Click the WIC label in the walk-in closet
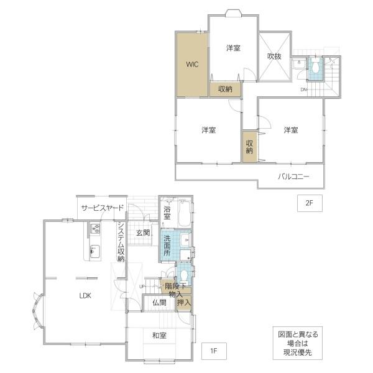pos(192,64)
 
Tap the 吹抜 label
pos(274,57)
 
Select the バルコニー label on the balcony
pos(294,177)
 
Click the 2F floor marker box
pos(310,203)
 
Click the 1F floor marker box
pos(214,351)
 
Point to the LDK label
pos(85,296)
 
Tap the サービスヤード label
pos(103,208)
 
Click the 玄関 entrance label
pos(143,233)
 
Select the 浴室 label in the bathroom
pos(167,213)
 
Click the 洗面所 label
pos(167,246)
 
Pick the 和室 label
pos(159,336)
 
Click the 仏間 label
pos(159,303)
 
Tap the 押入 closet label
pos(184,303)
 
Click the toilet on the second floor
pos(315,67)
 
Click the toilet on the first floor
pos(184,277)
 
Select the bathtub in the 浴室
pos(184,213)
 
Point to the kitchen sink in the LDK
pos(94,251)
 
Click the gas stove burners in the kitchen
pos(94,228)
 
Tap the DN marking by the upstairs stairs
pos(303,90)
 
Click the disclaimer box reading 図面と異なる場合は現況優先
pos(298,343)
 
